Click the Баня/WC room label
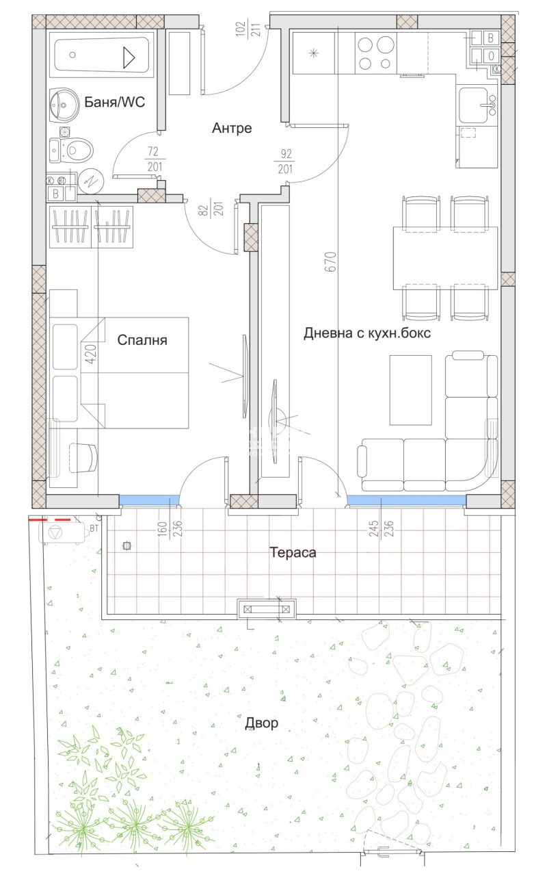click(x=115, y=103)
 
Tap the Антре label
click(x=232, y=128)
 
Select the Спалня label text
click(x=142, y=340)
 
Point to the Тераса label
click(x=293, y=552)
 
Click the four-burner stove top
click(x=376, y=53)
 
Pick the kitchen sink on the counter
click(x=477, y=103)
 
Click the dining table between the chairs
click(x=445, y=258)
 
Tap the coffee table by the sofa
click(x=410, y=390)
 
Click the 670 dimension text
click(x=331, y=263)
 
